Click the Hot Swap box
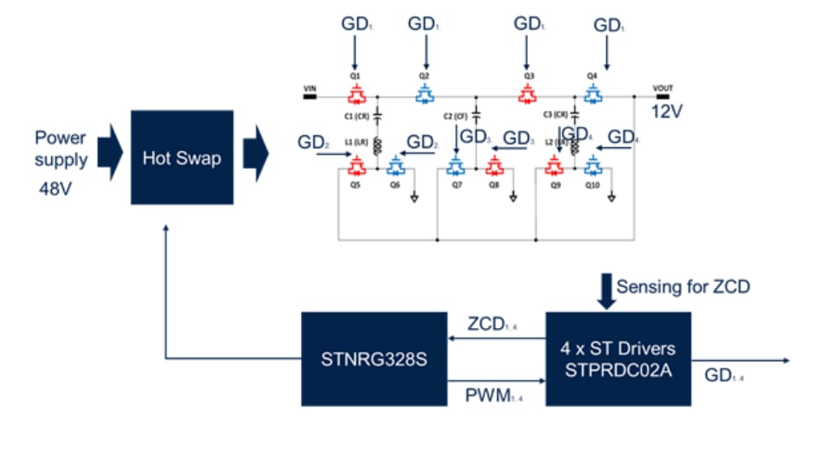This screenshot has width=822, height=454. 182,158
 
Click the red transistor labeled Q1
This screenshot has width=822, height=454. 357,93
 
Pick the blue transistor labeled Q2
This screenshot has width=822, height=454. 424,93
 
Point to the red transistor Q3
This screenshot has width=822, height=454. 529,93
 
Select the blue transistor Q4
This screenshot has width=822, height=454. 592,93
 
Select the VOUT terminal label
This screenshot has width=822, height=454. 663,88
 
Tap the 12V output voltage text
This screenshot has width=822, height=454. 667,112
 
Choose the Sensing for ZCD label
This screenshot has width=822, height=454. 683,286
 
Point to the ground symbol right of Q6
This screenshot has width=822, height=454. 414,198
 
